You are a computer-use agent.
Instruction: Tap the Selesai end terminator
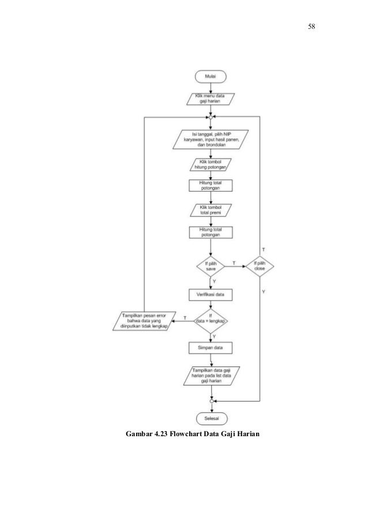[x=211, y=417]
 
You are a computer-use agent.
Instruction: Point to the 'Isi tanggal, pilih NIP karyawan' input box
[x=211, y=140]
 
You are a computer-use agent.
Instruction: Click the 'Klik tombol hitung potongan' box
[x=211, y=164]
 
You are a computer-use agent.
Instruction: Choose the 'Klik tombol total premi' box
[x=211, y=211]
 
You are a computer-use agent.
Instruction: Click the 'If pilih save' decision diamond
[x=211, y=266]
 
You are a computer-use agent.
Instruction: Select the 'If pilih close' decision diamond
[x=260, y=266]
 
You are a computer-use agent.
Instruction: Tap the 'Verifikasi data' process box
[x=211, y=294]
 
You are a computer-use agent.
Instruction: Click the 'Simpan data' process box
[x=211, y=348]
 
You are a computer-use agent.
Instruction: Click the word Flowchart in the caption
[x=189, y=434]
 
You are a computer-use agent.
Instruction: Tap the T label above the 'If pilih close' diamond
[x=264, y=249]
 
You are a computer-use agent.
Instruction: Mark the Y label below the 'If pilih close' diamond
[x=264, y=293]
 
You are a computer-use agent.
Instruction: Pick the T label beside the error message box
[x=185, y=318]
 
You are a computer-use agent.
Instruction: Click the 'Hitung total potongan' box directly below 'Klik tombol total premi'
[x=211, y=232]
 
